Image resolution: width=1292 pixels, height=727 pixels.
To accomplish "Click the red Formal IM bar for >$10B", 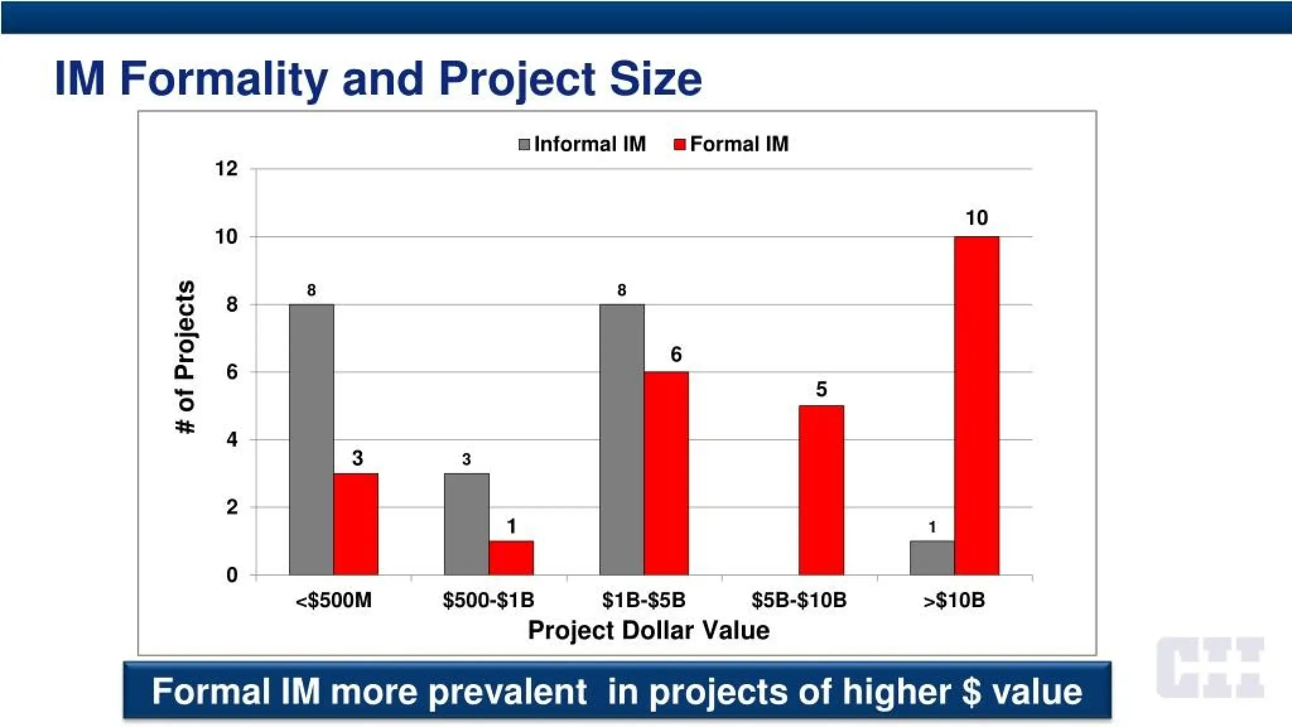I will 976,405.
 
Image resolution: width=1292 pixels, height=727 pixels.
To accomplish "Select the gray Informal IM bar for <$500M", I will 312,439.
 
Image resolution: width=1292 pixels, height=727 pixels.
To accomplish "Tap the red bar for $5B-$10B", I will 821,490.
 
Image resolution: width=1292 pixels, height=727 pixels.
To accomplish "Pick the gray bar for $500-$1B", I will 466,524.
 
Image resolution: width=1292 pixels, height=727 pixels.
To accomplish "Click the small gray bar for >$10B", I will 932,558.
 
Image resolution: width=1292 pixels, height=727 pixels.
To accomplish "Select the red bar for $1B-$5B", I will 666,473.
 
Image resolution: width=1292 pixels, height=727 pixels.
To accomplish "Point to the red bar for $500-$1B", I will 511,558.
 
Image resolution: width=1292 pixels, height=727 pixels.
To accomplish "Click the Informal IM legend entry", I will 582,145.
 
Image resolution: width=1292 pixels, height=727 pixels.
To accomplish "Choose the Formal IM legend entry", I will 732,145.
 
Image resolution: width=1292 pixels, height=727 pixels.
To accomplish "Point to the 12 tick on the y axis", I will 226,169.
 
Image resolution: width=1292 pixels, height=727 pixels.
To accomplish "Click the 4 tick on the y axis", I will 232,440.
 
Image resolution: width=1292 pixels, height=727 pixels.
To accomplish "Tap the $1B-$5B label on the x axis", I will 643,600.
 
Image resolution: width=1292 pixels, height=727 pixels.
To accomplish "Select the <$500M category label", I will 333,600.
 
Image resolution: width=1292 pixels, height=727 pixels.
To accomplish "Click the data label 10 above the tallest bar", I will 977,218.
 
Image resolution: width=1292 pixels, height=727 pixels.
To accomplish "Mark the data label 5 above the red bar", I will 821,389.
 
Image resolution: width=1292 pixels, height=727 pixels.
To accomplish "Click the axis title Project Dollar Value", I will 649,630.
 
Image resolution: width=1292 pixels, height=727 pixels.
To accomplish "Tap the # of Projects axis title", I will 185,357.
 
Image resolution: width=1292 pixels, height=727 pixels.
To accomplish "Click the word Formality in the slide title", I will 223,78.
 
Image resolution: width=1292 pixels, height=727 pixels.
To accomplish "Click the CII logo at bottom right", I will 1211,667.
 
